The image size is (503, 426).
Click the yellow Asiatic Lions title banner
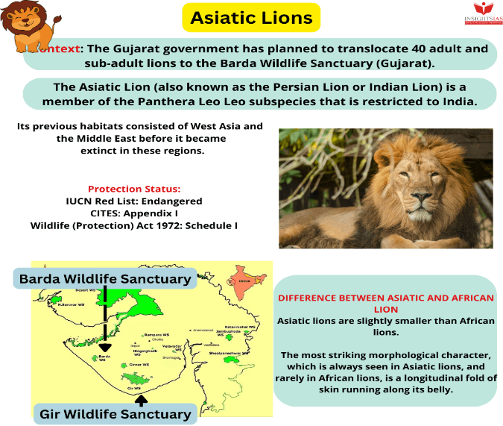click(251, 17)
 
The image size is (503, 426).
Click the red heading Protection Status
click(134, 189)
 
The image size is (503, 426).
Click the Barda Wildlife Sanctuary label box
click(105, 279)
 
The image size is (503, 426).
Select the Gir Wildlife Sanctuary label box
click(116, 413)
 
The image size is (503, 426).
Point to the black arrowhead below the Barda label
click(105, 347)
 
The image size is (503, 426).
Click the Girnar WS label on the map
click(137, 365)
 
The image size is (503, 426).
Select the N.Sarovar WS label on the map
click(69, 305)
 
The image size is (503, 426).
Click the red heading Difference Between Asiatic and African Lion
click(385, 303)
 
